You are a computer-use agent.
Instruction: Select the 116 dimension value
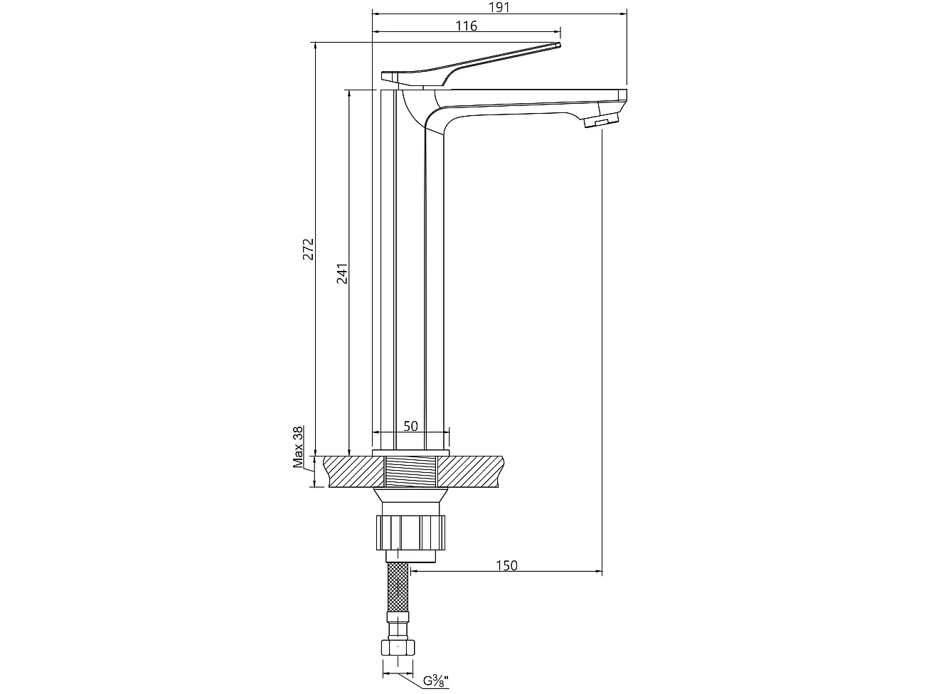pos(466,26)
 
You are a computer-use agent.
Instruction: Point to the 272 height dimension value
pos(308,250)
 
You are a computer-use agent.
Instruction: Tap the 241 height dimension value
pos(342,274)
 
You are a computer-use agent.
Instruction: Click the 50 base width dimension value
pos(410,426)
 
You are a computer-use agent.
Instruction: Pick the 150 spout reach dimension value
pos(506,565)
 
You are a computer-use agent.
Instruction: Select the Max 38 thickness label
pos(299,447)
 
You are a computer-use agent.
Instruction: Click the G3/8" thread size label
pos(436,680)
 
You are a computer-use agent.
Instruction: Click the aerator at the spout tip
pos(599,122)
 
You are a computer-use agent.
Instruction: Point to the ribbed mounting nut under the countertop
pos(411,531)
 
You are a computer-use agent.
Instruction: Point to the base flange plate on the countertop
pos(411,452)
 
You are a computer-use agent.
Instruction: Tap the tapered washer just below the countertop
pos(411,496)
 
